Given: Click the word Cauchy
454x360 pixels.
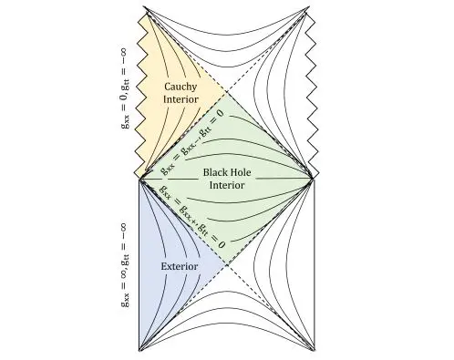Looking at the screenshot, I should [x=181, y=87].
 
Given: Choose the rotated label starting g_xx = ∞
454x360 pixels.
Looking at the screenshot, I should [x=127, y=264].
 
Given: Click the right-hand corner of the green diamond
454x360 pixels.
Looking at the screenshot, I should [x=314, y=178].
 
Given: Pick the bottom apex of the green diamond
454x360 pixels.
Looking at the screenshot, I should [x=227, y=265].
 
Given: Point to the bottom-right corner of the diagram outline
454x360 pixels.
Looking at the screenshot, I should [x=314, y=352].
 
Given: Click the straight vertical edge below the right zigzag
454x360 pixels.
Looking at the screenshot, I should [x=314, y=264].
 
